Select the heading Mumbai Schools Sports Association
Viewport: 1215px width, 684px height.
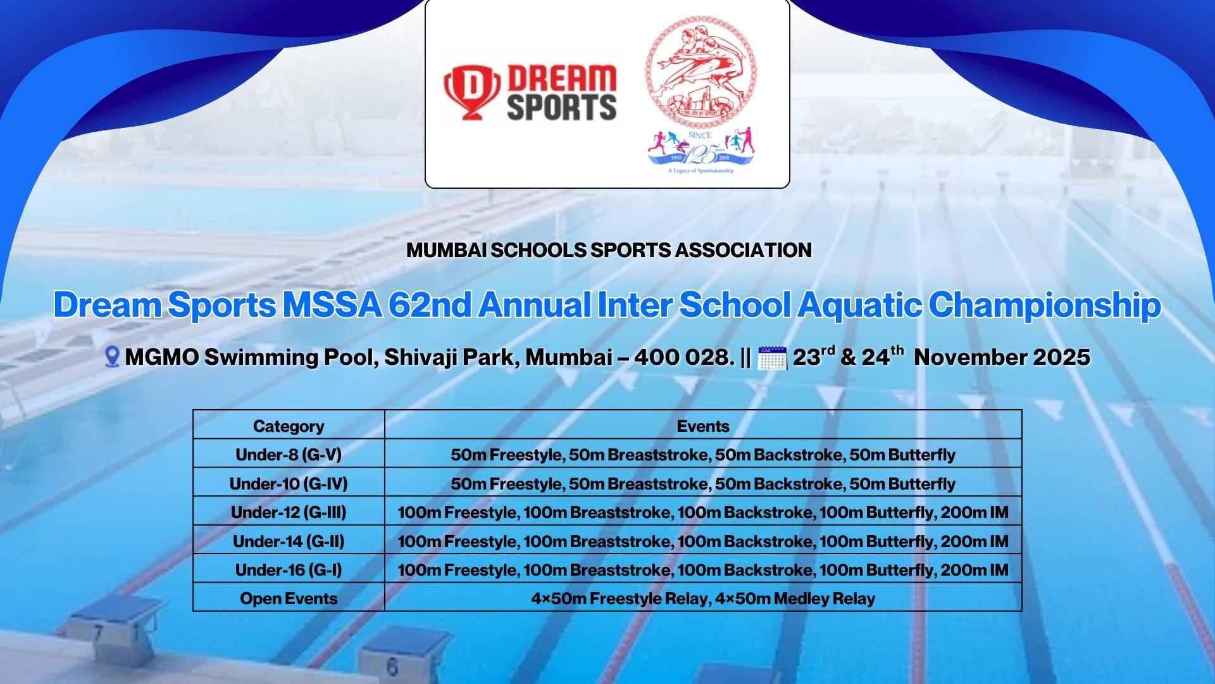(609, 250)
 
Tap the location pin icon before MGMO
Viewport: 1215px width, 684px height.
(112, 357)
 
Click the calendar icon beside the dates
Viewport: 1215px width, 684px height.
(772, 358)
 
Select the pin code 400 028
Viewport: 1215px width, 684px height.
(683, 357)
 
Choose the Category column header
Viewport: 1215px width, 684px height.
(289, 426)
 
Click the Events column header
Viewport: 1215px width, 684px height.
(703, 426)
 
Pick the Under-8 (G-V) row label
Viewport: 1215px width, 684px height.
(289, 455)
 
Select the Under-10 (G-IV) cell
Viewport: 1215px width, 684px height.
(289, 484)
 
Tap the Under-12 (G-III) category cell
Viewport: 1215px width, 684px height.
(289, 512)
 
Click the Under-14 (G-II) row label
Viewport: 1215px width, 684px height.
(289, 541)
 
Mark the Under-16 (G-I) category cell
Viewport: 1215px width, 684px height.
(289, 570)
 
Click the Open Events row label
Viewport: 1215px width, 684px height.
(289, 598)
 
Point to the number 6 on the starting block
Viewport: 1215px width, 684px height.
(392, 667)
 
